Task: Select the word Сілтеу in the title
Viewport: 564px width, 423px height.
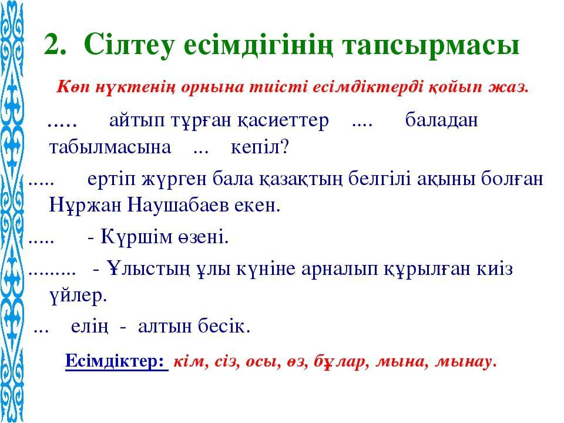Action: [x=129, y=45]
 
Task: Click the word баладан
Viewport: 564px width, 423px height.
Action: [x=441, y=120]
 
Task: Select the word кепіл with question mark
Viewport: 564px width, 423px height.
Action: [x=260, y=147]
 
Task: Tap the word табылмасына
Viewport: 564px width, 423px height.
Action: [x=110, y=148]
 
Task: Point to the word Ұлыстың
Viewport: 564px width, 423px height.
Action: [x=148, y=268]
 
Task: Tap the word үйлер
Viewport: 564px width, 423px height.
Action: [x=78, y=296]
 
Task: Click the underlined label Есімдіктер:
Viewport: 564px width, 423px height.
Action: [x=116, y=361]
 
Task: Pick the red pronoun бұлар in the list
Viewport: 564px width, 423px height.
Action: [x=341, y=361]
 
